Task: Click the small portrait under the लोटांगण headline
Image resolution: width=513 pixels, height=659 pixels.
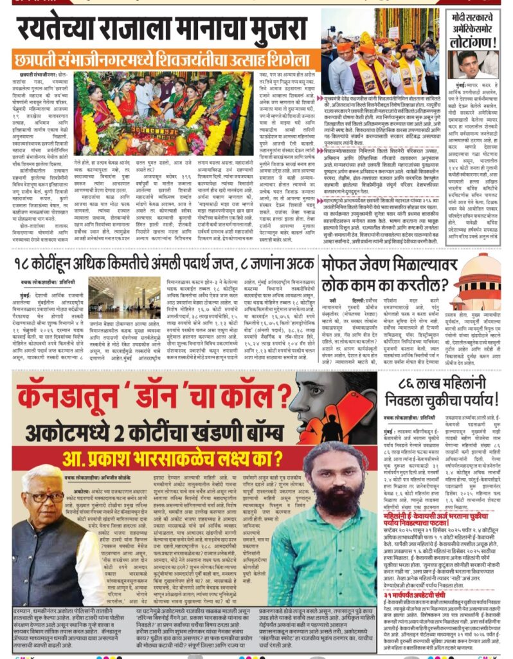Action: coord(469,63)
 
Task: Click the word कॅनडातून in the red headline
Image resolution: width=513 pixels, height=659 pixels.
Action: coord(67,393)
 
